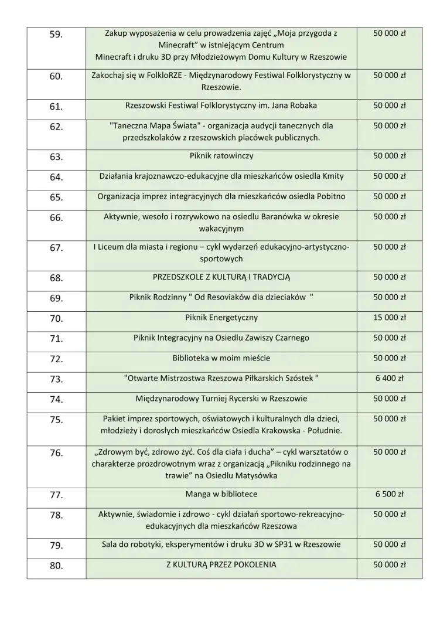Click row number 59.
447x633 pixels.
(56, 35)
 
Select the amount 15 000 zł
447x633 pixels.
(390, 318)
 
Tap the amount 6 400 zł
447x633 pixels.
(390, 378)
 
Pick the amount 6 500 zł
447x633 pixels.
(390, 494)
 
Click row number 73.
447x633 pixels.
(56, 379)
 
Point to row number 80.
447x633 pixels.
(56, 566)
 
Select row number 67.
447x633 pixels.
(56, 249)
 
